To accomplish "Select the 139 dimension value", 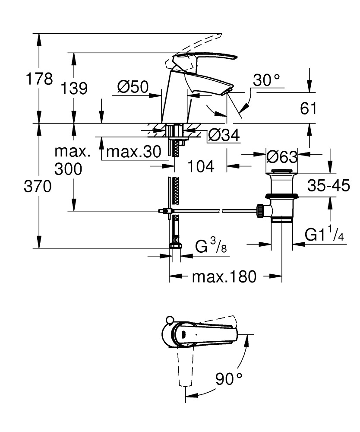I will pyautogui.click(x=74, y=89).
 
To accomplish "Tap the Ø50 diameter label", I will pyautogui.click(x=133, y=87).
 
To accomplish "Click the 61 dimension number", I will pyautogui.click(x=308, y=108).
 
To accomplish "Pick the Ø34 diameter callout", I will pyautogui.click(x=224, y=136).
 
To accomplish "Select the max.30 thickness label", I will pyautogui.click(x=133, y=152).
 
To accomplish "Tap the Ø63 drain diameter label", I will pyautogui.click(x=281, y=156).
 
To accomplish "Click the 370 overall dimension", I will pyautogui.click(x=38, y=187).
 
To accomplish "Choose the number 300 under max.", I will pyautogui.click(x=68, y=169).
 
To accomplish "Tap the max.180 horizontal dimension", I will pyautogui.click(x=224, y=276).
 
